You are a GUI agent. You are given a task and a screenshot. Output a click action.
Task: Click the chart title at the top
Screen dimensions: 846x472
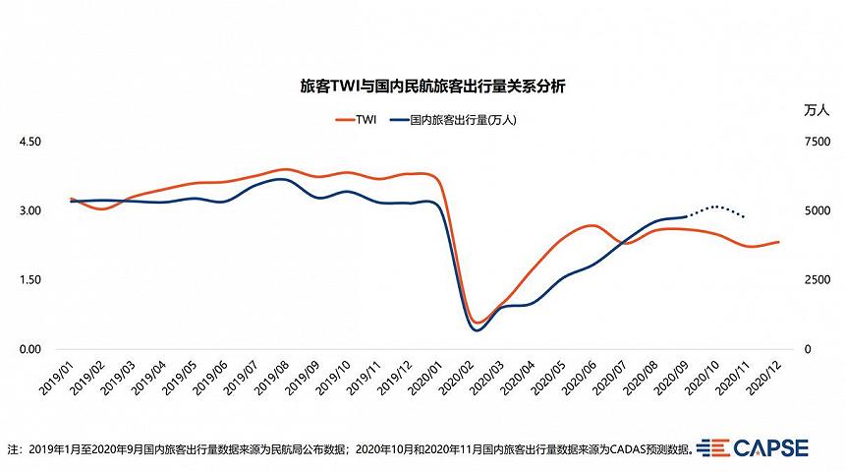432,87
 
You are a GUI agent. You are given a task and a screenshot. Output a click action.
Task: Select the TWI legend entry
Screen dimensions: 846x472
356,119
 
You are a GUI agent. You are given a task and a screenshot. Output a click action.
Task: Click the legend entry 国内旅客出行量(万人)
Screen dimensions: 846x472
453,119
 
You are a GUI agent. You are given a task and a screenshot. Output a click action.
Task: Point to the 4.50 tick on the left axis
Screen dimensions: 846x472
30,142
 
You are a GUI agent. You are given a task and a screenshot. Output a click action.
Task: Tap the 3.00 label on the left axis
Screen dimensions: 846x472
30,210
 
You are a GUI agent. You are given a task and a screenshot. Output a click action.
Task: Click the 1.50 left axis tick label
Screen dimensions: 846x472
30,279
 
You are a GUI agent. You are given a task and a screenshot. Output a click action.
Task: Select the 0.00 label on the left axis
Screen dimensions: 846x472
30,349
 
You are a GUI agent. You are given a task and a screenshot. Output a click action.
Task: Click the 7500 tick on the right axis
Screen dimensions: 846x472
818,142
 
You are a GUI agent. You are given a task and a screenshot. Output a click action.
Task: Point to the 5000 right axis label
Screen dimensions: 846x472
818,210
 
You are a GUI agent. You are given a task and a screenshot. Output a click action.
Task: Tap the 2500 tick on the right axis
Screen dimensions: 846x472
818,279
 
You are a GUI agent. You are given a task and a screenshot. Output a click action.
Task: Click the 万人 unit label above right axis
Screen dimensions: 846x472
817,110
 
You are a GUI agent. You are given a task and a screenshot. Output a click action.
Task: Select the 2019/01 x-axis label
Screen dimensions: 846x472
56,377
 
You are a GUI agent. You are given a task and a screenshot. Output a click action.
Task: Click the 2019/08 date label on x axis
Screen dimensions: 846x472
271,377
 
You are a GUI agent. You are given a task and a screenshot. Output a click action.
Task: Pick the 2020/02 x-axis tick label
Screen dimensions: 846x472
456,377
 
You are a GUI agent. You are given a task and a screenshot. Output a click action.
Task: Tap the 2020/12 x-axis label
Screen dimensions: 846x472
763,377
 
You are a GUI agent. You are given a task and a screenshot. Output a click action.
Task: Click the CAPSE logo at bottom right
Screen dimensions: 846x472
752,447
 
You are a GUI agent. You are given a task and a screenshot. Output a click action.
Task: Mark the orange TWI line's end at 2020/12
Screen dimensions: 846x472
778,241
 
